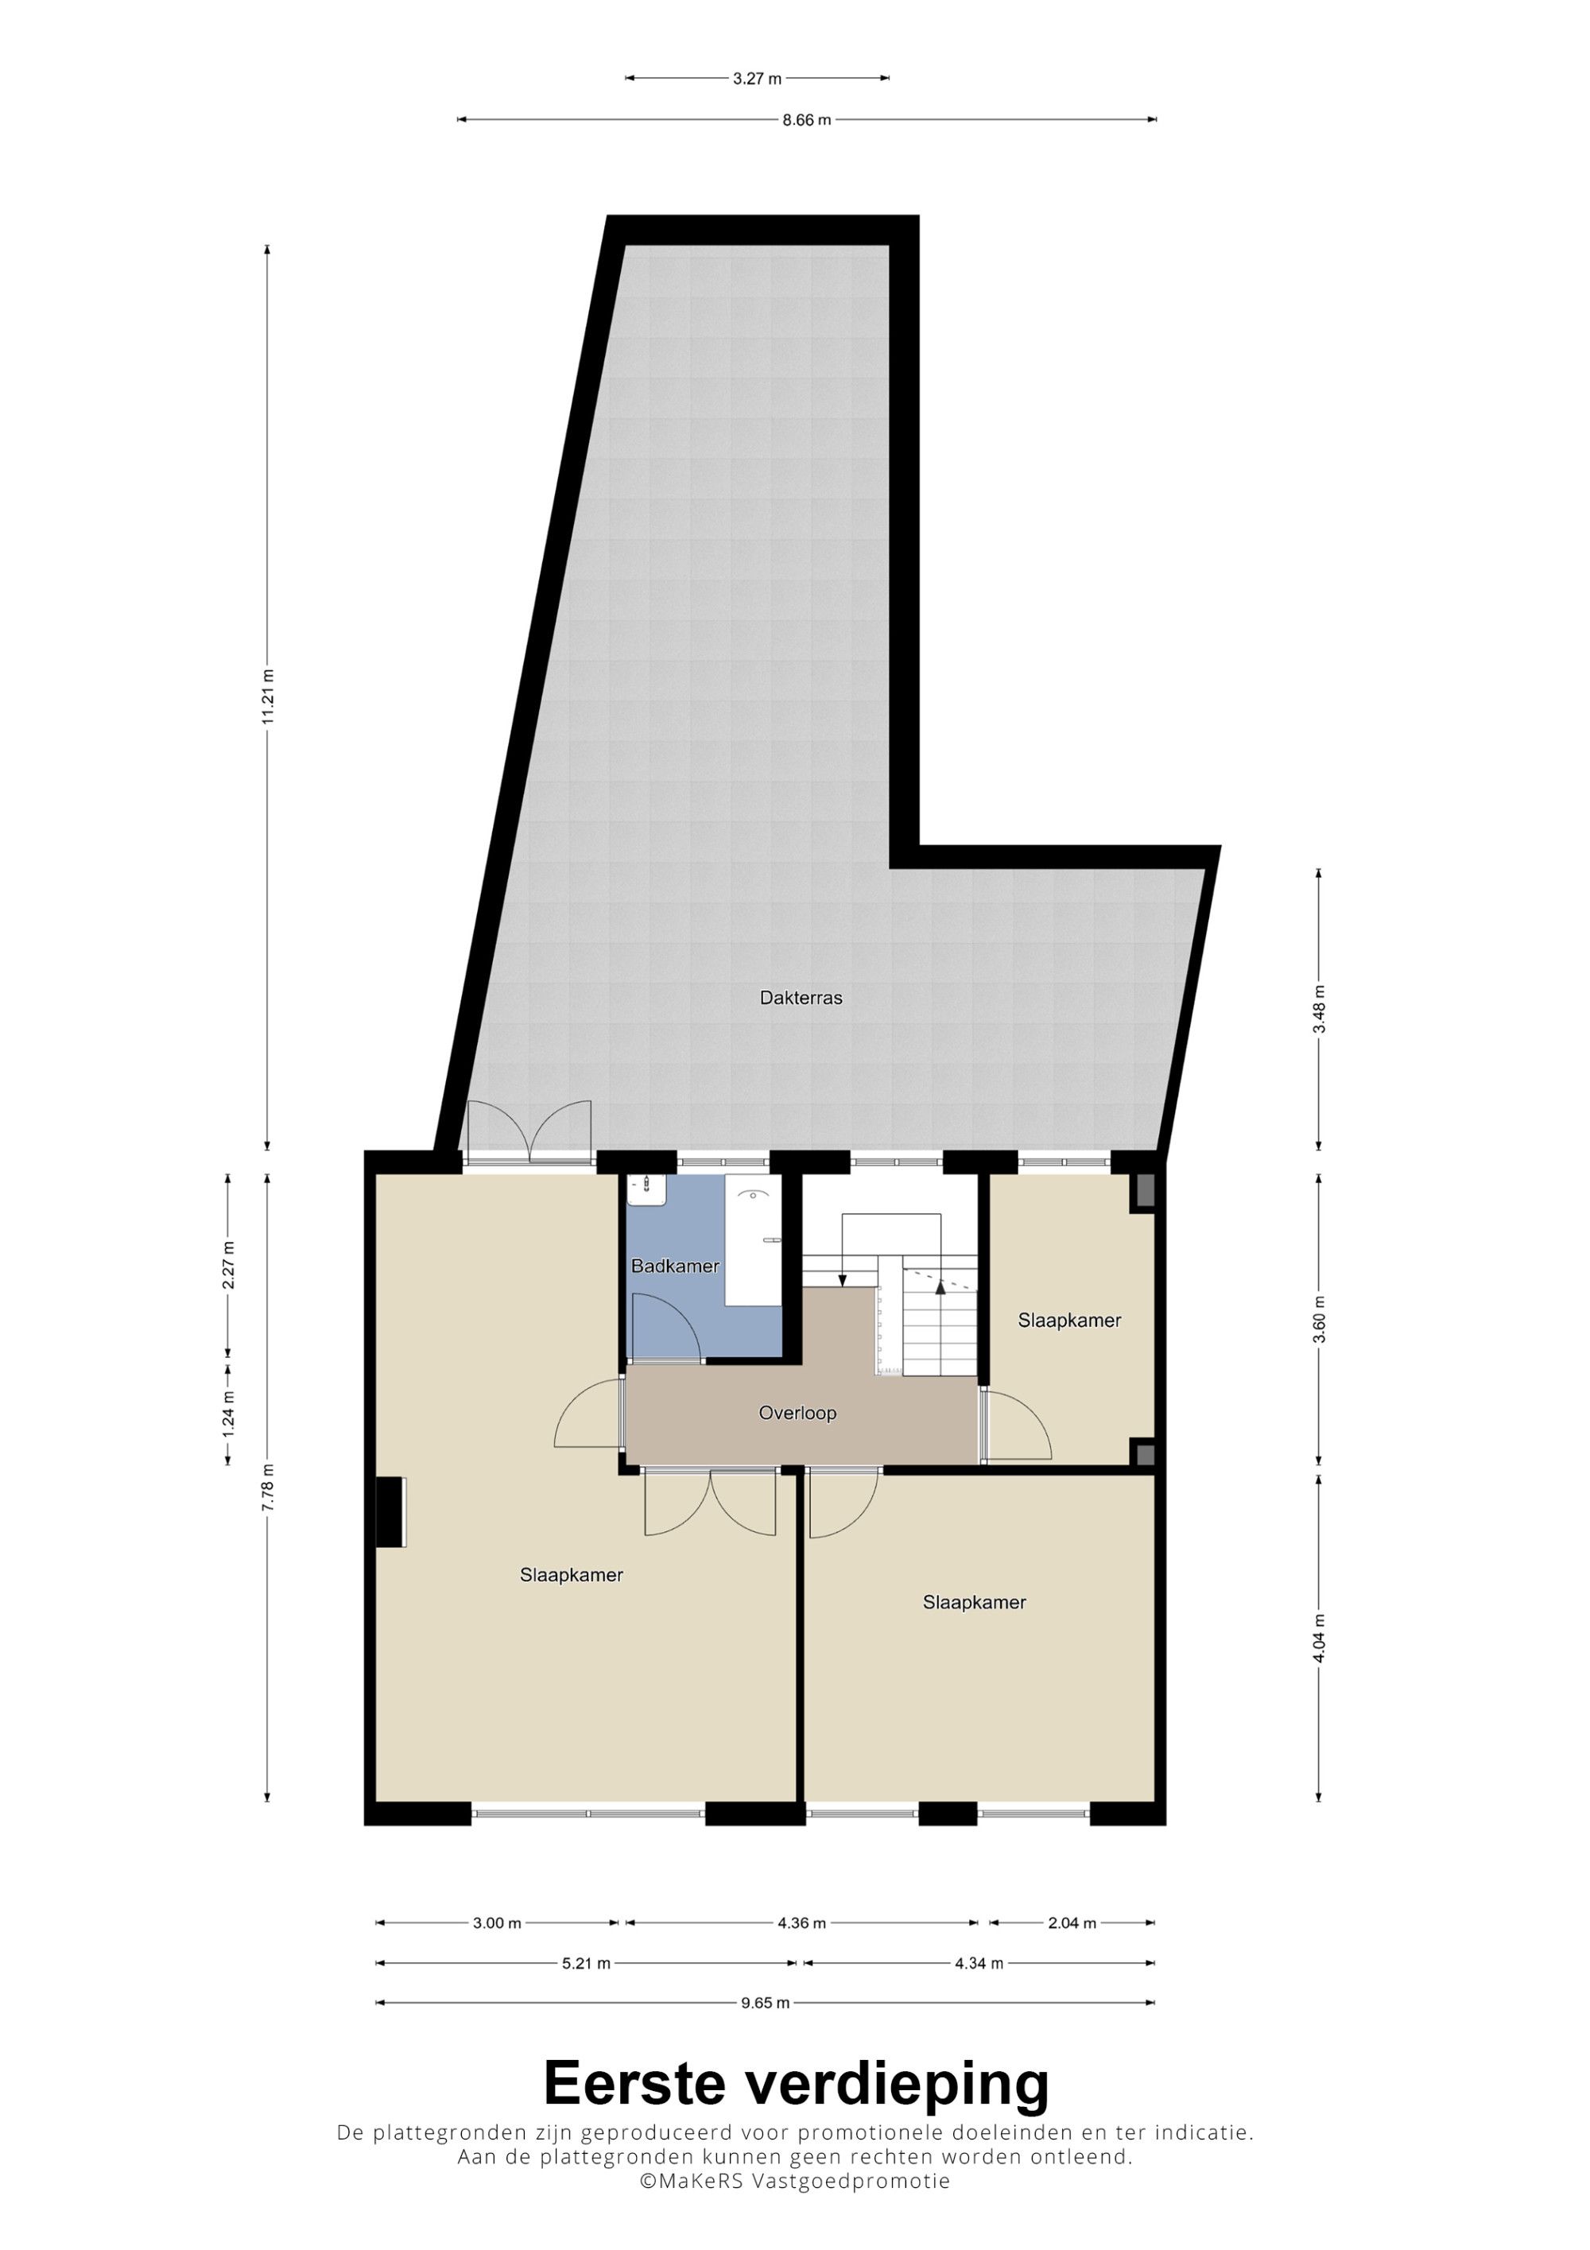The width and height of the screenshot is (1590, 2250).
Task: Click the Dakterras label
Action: pyautogui.click(x=801, y=999)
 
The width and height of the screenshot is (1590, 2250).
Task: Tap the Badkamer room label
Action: pyautogui.click(x=675, y=1266)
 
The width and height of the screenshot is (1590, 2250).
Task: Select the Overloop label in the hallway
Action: pyautogui.click(x=797, y=1413)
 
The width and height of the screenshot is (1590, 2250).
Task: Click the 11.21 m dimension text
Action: pyautogui.click(x=267, y=696)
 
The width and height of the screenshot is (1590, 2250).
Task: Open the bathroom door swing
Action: pyautogui.click(x=666, y=1328)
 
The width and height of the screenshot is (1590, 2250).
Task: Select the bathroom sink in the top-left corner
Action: pyautogui.click(x=648, y=1189)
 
